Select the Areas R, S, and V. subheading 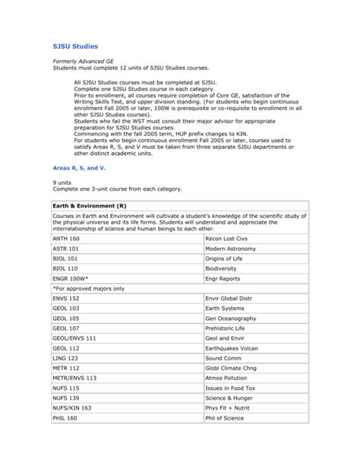coord(78,166)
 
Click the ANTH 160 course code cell coord(66,238)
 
